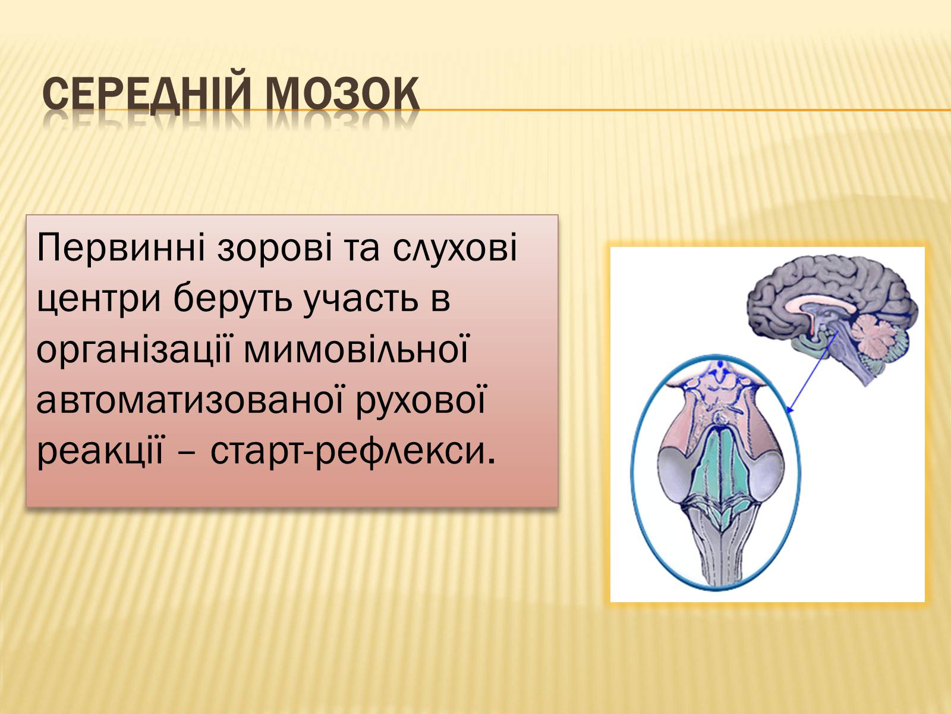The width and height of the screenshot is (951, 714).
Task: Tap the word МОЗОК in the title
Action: [x=343, y=93]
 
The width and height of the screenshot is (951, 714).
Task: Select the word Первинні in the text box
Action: [x=121, y=248]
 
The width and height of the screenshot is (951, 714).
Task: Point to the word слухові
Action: [x=455, y=248]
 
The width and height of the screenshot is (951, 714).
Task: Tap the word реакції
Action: [x=100, y=451]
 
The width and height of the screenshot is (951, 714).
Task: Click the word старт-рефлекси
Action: [x=352, y=451]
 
